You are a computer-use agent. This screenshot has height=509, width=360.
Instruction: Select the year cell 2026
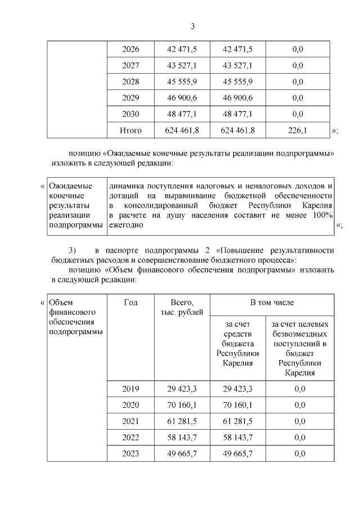[x=130, y=49]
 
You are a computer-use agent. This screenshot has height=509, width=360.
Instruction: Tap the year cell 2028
[x=130, y=82]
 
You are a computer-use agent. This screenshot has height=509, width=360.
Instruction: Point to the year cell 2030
[x=130, y=114]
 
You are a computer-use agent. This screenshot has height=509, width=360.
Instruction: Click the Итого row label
[x=130, y=130]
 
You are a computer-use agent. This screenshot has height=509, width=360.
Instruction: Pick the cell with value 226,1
[x=298, y=130]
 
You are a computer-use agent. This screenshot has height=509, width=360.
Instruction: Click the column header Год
[x=130, y=303]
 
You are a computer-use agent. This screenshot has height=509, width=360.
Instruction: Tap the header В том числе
[x=272, y=303]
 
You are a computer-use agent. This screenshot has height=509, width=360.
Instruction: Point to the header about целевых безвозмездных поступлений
[x=299, y=348]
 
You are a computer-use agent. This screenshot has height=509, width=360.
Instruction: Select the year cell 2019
[x=130, y=389]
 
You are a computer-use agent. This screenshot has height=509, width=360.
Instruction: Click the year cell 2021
[x=130, y=421]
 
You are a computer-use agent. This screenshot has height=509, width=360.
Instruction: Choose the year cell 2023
[x=130, y=453]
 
